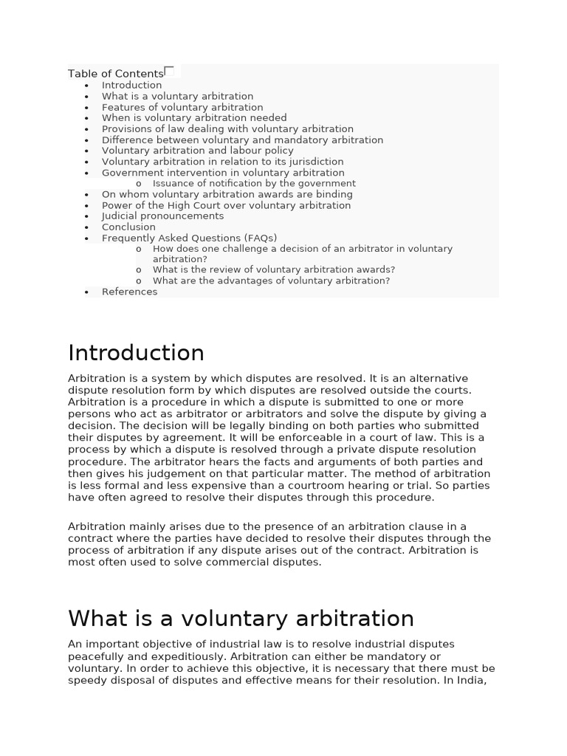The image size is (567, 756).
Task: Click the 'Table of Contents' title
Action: (115, 74)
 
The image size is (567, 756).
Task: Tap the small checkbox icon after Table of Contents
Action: (169, 71)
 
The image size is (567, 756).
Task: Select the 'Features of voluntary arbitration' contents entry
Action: (182, 107)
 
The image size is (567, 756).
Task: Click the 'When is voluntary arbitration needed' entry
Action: (194, 118)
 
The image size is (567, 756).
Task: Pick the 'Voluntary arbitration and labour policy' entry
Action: (197, 151)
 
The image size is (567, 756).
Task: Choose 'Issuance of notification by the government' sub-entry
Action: (254, 183)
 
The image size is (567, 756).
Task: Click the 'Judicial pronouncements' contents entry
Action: (162, 216)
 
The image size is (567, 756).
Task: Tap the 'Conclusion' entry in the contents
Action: (128, 227)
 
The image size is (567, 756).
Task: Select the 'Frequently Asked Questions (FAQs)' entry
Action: (189, 238)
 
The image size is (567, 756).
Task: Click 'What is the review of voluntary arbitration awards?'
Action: (273, 270)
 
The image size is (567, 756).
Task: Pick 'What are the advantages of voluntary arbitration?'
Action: (271, 281)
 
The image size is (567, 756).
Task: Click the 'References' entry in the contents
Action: (129, 292)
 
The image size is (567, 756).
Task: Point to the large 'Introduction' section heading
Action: (136, 353)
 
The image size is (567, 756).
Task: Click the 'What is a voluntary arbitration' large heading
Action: (241, 618)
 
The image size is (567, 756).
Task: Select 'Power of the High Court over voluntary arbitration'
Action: (226, 205)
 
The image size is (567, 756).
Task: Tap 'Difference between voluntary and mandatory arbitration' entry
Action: (242, 140)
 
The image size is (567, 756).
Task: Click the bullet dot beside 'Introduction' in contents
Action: (86, 86)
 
